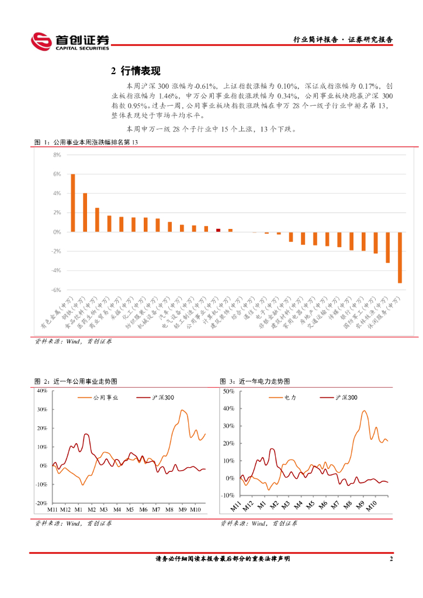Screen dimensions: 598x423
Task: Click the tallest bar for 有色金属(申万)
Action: coord(73,203)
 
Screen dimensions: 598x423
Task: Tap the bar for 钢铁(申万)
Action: coord(85,213)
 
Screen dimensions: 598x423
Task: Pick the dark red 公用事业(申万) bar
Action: coord(218,230)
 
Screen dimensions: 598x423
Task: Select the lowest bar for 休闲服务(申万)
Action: coord(400,258)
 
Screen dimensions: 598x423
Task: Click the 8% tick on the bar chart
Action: coord(57,155)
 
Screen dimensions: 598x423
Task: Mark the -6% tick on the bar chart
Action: coord(57,290)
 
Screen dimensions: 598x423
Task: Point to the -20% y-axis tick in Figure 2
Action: coord(41,503)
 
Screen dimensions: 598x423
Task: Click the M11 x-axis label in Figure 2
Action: coord(53,510)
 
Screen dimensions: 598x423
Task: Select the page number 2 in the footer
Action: coord(391,559)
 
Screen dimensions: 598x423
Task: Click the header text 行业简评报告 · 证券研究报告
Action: coord(342,40)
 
